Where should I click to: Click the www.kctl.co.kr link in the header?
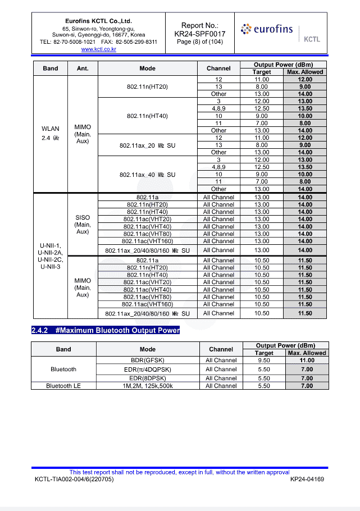tap(98, 49)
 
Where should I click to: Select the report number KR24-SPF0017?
tap(200, 34)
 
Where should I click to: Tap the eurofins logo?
tap(267, 29)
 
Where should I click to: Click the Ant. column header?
tap(83, 69)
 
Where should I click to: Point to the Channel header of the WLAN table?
tap(218, 69)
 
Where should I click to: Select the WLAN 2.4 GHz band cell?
tap(51, 134)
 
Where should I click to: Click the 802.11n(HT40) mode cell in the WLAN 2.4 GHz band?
tap(147, 116)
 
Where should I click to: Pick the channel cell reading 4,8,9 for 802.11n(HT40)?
tap(218, 108)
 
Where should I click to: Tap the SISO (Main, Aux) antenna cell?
tap(83, 224)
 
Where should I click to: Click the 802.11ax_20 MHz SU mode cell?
tap(147, 145)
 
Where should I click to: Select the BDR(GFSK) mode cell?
tap(147, 360)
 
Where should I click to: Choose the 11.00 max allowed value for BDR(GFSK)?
tap(307, 360)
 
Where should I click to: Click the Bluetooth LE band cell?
tap(63, 386)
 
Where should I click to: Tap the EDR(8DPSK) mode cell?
tap(147, 378)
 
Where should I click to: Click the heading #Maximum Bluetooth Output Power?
tap(106, 330)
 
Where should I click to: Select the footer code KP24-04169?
tap(307, 480)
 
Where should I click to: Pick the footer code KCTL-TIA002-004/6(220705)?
tap(74, 480)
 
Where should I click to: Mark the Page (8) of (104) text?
tap(200, 42)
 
